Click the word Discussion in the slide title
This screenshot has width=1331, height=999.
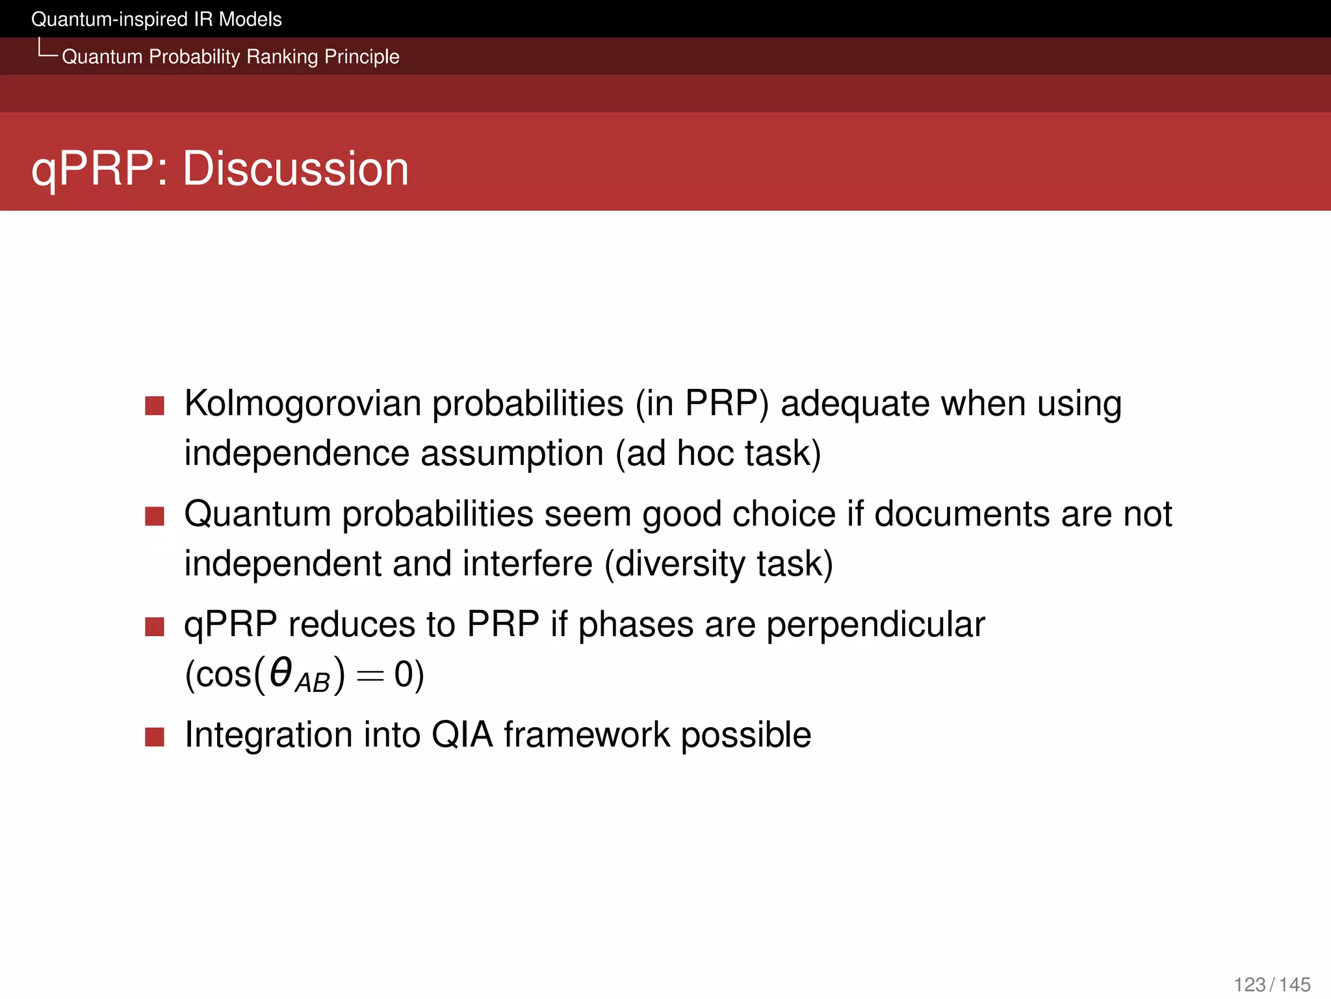pos(296,168)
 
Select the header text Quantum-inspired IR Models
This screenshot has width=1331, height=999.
pos(157,20)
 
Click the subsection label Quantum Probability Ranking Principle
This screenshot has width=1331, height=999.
pos(230,57)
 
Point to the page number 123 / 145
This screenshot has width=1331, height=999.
pos(1272,984)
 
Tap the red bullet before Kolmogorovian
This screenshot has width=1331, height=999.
pos(155,406)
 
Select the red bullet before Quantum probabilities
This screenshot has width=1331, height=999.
pos(155,516)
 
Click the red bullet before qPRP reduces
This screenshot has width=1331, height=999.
pos(155,627)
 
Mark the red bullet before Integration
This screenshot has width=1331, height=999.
pos(155,737)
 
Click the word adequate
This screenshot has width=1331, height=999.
pos(855,403)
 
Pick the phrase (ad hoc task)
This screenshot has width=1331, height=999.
pos(719,453)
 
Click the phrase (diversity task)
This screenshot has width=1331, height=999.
pos(719,563)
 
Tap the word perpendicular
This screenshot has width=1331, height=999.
pos(875,624)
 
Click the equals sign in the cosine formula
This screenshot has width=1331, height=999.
pos(370,676)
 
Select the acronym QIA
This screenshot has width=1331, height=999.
pos(462,735)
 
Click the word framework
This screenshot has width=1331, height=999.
pos(586,735)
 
